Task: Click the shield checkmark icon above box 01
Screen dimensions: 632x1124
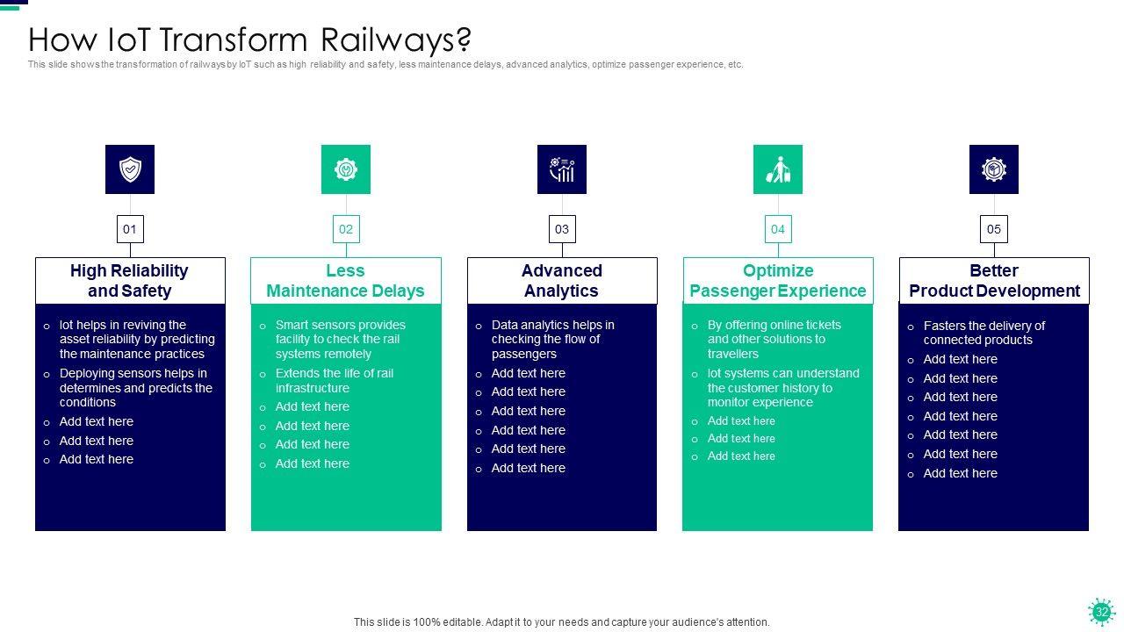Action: [130, 169]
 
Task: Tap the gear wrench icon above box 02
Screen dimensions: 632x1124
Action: [346, 169]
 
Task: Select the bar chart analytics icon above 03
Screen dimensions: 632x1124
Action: [562, 169]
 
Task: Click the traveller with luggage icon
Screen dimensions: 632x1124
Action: [778, 169]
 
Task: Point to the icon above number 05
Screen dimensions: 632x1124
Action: [994, 169]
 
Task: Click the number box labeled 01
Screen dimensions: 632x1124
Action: [130, 229]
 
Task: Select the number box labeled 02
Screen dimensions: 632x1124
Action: [346, 229]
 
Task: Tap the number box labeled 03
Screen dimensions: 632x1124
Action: [562, 229]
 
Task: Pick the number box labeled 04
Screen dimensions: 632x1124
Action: [778, 229]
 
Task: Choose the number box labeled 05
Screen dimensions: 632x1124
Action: [994, 229]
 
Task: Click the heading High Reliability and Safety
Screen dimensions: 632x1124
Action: [130, 281]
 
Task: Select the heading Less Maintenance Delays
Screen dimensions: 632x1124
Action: [346, 281]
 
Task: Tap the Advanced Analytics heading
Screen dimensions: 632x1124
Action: [562, 281]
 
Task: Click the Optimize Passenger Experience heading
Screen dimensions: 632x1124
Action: [778, 281]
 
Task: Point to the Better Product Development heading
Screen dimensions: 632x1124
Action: [994, 281]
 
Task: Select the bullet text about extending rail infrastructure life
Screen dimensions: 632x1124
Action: [334, 381]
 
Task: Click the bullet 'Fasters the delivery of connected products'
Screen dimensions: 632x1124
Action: [983, 333]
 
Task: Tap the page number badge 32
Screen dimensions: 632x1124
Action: [1101, 612]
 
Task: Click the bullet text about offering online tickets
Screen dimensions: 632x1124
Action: [774, 339]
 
